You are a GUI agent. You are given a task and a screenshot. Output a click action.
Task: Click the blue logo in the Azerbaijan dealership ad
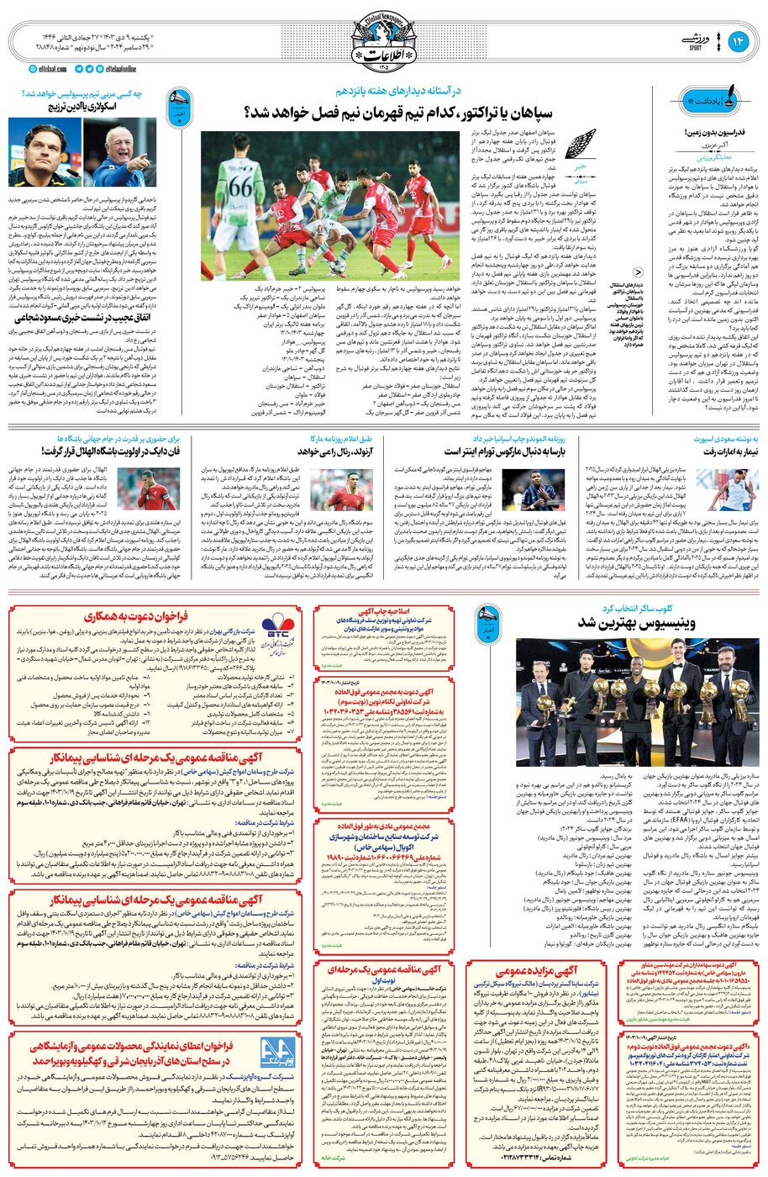pos(276,1052)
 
